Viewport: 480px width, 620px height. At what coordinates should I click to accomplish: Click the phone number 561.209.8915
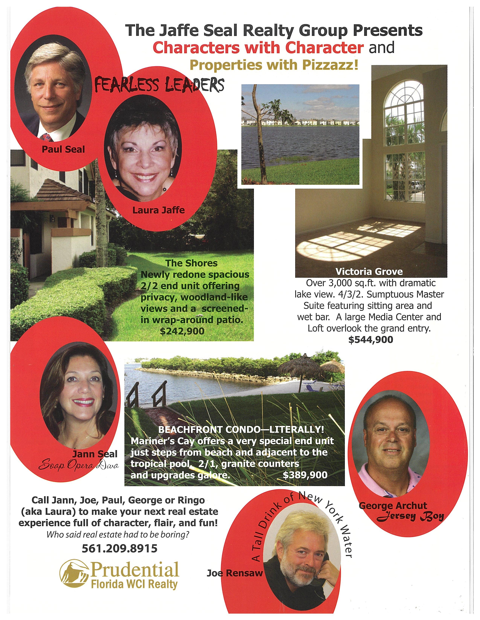[x=119, y=548]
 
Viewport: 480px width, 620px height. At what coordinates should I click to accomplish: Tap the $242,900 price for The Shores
[x=182, y=331]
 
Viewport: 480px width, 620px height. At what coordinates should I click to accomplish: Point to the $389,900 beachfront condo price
[x=305, y=475]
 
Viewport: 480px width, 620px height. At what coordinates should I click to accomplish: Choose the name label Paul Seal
[x=63, y=149]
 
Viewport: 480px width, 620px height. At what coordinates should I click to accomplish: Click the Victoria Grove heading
[x=369, y=272]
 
